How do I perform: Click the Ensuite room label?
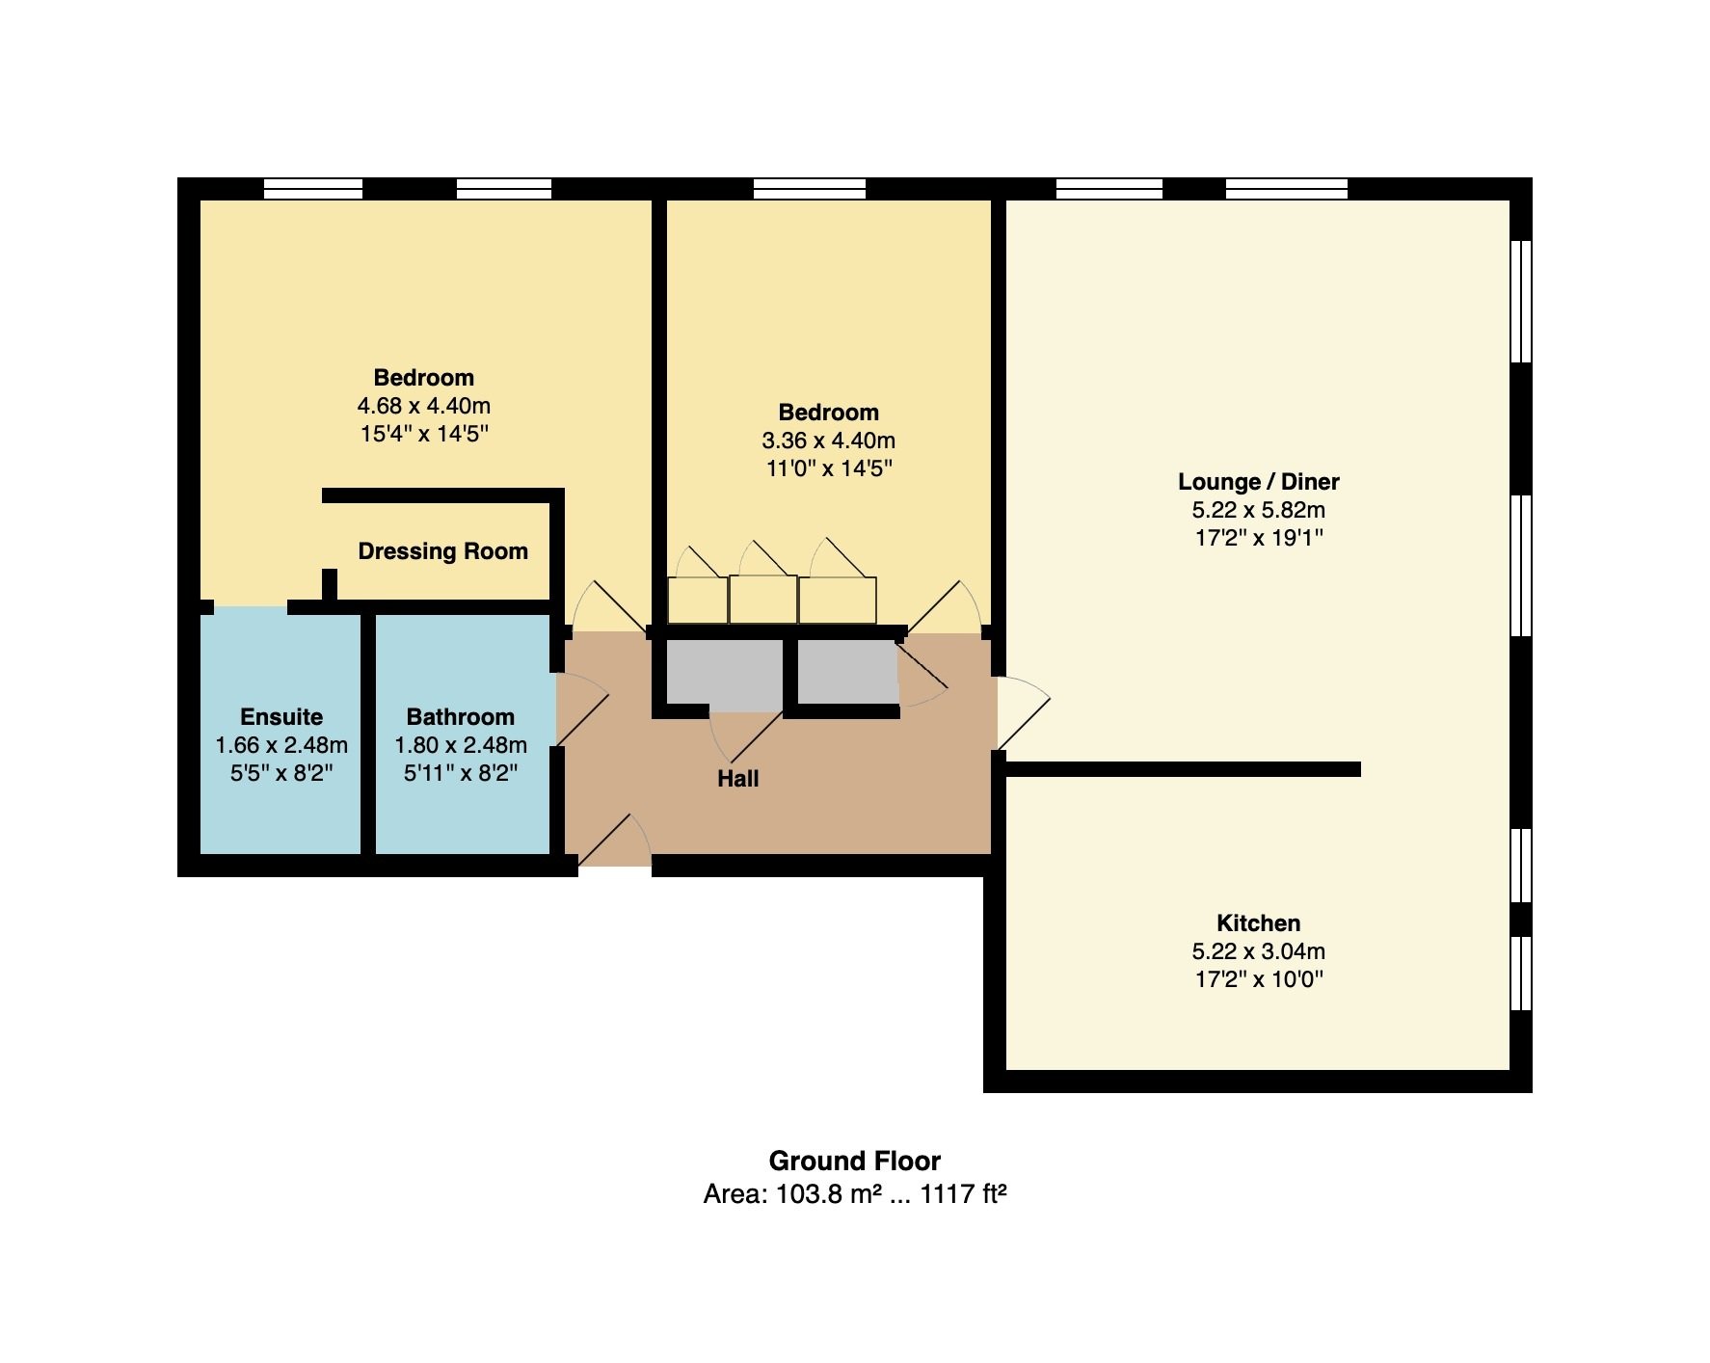tap(281, 717)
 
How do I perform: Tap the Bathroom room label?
tap(461, 717)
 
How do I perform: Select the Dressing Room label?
tap(443, 551)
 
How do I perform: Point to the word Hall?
tap(738, 779)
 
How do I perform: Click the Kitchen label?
tap(1259, 923)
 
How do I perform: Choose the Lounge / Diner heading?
tap(1259, 482)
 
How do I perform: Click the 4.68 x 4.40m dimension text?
tap(424, 406)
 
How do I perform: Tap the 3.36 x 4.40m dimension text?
tap(829, 441)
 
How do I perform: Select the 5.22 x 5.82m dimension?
tap(1259, 510)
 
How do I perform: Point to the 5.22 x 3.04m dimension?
tap(1259, 951)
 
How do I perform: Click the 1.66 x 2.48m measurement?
tap(281, 745)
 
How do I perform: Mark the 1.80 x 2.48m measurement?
tap(461, 745)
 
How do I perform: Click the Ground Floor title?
tap(855, 1161)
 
